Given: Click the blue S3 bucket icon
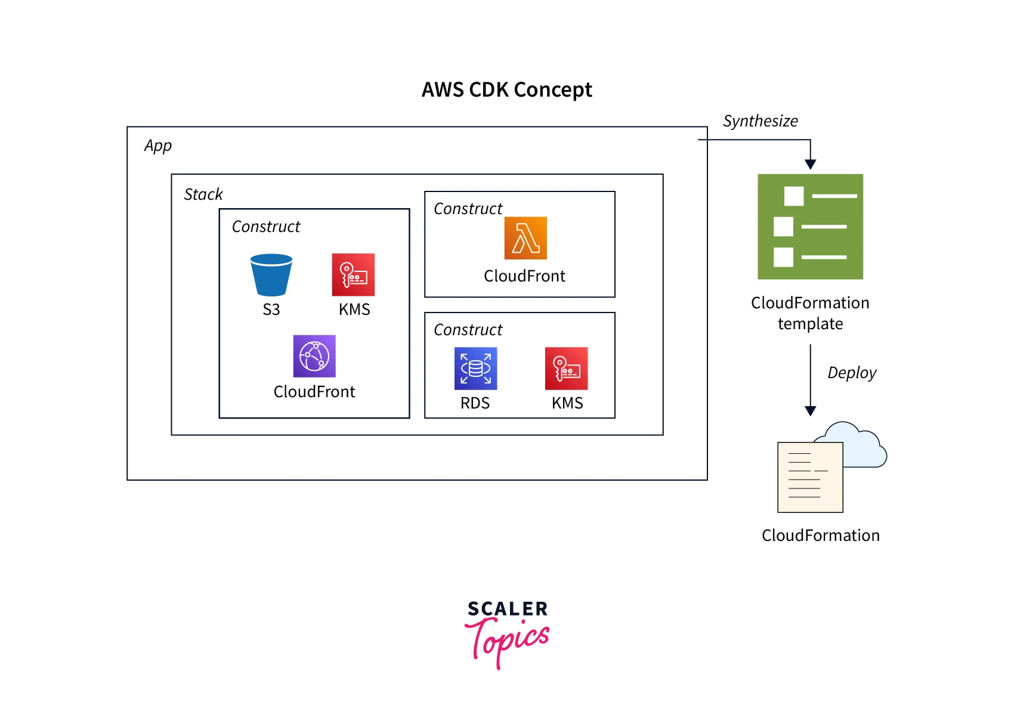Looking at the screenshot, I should [271, 275].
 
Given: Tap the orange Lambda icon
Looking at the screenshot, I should [525, 238].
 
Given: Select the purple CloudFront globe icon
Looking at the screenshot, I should [314, 356].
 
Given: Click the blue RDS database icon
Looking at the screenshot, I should [475, 369].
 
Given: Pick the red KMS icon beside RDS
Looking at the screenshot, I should [566, 369].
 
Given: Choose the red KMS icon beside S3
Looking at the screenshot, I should [353, 275].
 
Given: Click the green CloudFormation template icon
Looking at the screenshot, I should [810, 227].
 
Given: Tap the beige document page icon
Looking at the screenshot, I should [810, 477].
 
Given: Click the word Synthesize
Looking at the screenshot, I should [760, 121].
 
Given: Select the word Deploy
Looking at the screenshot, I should [852, 373].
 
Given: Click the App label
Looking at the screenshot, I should [158, 146].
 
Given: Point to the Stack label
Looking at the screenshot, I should [203, 194].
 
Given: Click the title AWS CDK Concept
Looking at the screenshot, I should [507, 90].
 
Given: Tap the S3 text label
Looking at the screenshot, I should [271, 310].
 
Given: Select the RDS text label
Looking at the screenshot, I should [475, 403].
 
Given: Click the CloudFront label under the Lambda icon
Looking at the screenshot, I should [524, 276].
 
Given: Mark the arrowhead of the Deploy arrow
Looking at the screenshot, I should [810, 411].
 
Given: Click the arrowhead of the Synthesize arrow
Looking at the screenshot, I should [810, 165].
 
